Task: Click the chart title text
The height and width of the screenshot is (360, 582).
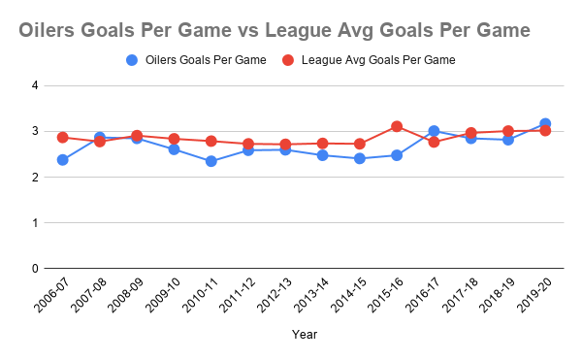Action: (275, 31)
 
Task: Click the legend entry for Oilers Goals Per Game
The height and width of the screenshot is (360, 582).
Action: (205, 60)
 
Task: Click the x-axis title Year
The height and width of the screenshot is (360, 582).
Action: (304, 334)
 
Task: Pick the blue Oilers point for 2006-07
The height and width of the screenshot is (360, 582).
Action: (62, 159)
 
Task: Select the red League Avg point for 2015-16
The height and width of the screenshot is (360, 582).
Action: (397, 126)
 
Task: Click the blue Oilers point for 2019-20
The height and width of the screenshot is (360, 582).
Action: (545, 123)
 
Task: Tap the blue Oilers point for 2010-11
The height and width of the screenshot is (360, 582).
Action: (210, 161)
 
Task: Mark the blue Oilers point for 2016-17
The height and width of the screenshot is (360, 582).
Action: (434, 131)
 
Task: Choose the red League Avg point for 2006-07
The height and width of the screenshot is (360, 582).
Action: (62, 137)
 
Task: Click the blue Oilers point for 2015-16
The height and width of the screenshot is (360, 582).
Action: (397, 155)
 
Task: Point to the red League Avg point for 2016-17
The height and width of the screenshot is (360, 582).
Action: (434, 143)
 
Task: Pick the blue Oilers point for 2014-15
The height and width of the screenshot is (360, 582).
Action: (359, 158)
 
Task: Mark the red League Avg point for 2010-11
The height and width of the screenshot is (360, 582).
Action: (210, 141)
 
